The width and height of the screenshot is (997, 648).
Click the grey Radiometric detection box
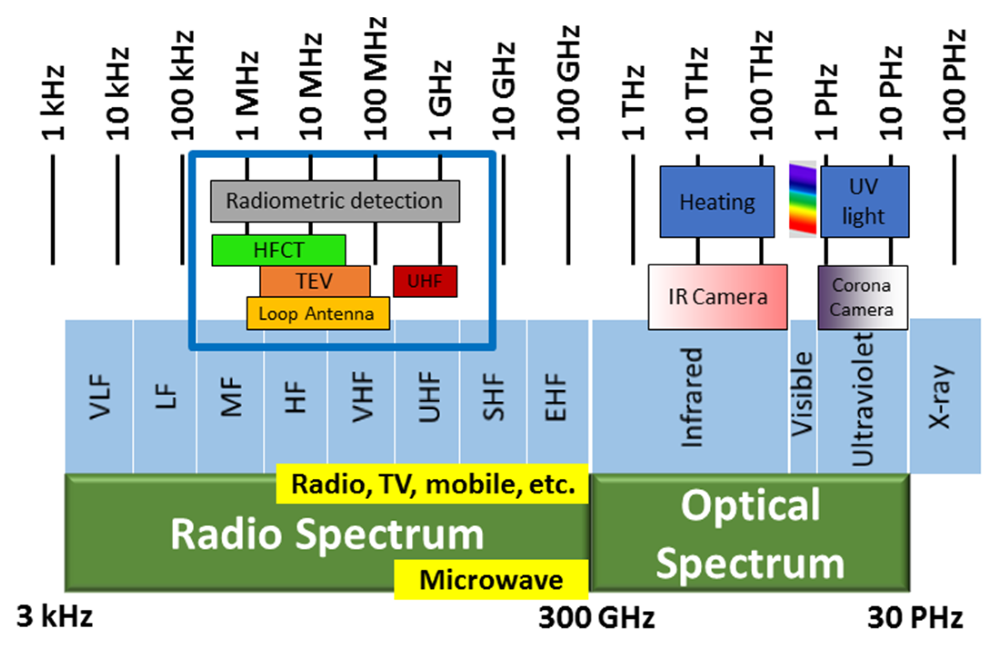pyautogui.click(x=335, y=201)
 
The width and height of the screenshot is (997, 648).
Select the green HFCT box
pyautogui.click(x=279, y=250)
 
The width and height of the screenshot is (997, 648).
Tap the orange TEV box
pyautogui.click(x=315, y=281)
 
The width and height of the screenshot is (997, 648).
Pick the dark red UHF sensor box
pyautogui.click(x=425, y=281)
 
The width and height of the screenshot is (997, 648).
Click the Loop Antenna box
pyautogui.click(x=318, y=313)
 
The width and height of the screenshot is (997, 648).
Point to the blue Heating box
pyautogui.click(x=717, y=202)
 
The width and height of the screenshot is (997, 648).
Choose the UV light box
pyautogui.click(x=865, y=202)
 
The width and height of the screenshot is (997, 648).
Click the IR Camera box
pyautogui.click(x=718, y=297)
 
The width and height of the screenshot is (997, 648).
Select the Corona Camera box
pyautogui.click(x=863, y=298)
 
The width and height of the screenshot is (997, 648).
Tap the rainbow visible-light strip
pyautogui.click(x=803, y=199)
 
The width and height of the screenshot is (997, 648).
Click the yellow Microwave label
pyautogui.click(x=491, y=579)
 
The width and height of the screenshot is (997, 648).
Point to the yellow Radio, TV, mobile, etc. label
pyautogui.click(x=432, y=484)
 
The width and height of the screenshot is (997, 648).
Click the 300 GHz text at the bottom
pyautogui.click(x=596, y=618)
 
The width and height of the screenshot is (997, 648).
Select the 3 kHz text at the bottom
pyautogui.click(x=55, y=617)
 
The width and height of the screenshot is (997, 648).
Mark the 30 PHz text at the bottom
pyautogui.click(x=915, y=618)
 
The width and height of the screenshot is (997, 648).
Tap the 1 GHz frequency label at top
pyautogui.click(x=440, y=100)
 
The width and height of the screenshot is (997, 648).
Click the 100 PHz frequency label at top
pyautogui.click(x=954, y=85)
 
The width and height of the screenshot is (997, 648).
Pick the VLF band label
pyautogui.click(x=100, y=397)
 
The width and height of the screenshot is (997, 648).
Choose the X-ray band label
pyautogui.click(x=940, y=397)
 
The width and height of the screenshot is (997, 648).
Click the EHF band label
pyautogui.click(x=555, y=397)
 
